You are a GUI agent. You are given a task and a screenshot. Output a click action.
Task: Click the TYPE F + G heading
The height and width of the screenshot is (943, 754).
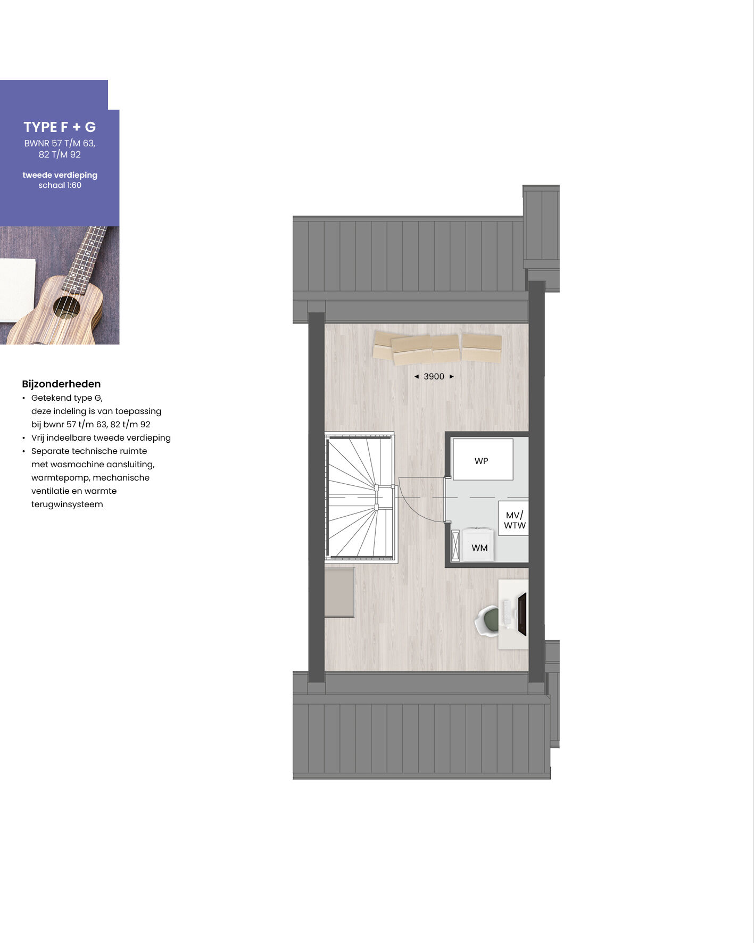[x=60, y=127]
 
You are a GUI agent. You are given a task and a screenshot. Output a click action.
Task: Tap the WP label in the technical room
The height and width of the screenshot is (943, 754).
[x=481, y=461]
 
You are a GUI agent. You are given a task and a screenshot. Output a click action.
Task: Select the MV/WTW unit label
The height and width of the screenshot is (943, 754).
[x=515, y=520]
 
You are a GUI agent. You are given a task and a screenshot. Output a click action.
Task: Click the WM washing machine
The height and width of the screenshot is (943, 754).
[x=478, y=544]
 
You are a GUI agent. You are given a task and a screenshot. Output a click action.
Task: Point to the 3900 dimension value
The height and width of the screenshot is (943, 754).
[x=434, y=376]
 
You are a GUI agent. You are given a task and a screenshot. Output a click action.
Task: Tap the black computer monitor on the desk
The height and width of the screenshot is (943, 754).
[x=522, y=614]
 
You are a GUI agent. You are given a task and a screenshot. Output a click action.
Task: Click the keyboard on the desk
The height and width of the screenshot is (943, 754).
[x=507, y=612]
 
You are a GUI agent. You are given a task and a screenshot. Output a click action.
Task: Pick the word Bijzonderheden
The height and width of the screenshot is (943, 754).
[x=61, y=384]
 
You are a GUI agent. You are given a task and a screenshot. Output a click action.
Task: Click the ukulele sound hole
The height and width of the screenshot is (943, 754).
[x=67, y=308]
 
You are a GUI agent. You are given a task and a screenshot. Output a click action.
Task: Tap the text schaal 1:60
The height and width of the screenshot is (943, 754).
[x=60, y=185]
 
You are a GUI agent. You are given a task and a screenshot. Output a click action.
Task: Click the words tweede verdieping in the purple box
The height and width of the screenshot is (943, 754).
[x=60, y=175]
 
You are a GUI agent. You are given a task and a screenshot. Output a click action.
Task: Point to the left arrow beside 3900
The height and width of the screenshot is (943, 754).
[x=417, y=376]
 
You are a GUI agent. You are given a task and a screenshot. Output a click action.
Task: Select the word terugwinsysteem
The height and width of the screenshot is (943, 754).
[x=67, y=504]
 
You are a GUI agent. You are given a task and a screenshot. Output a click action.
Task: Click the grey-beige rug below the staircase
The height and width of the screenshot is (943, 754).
[x=339, y=592]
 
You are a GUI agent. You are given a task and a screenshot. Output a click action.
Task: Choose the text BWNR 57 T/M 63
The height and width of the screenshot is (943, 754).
[x=60, y=143]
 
